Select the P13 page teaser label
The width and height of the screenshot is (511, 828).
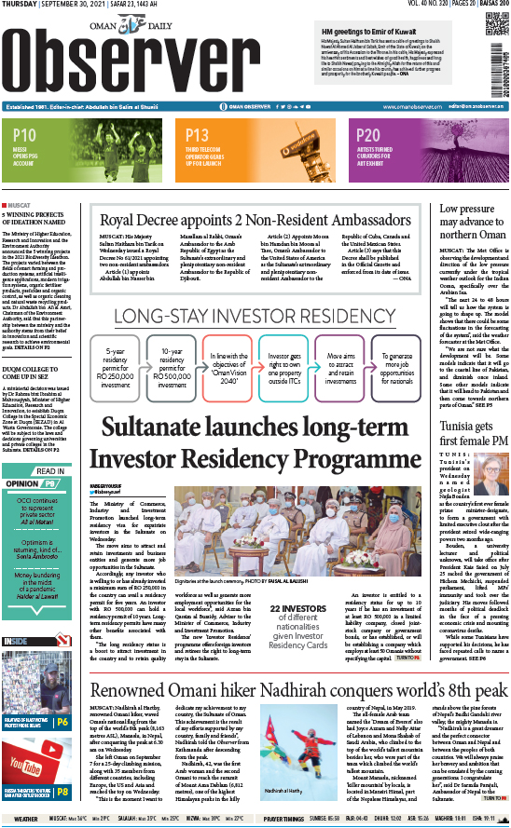pos(197,136)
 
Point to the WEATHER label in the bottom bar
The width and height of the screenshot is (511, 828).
pos(26,819)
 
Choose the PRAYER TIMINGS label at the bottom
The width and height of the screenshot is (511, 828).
pos(283,819)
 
